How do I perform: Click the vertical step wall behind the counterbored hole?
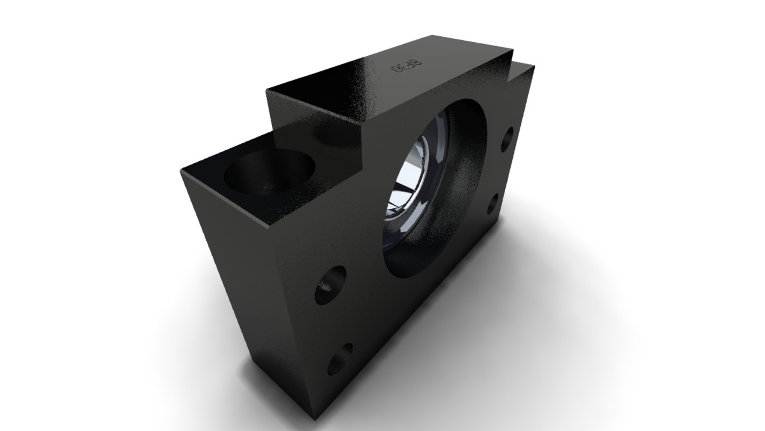tap(319, 132)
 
